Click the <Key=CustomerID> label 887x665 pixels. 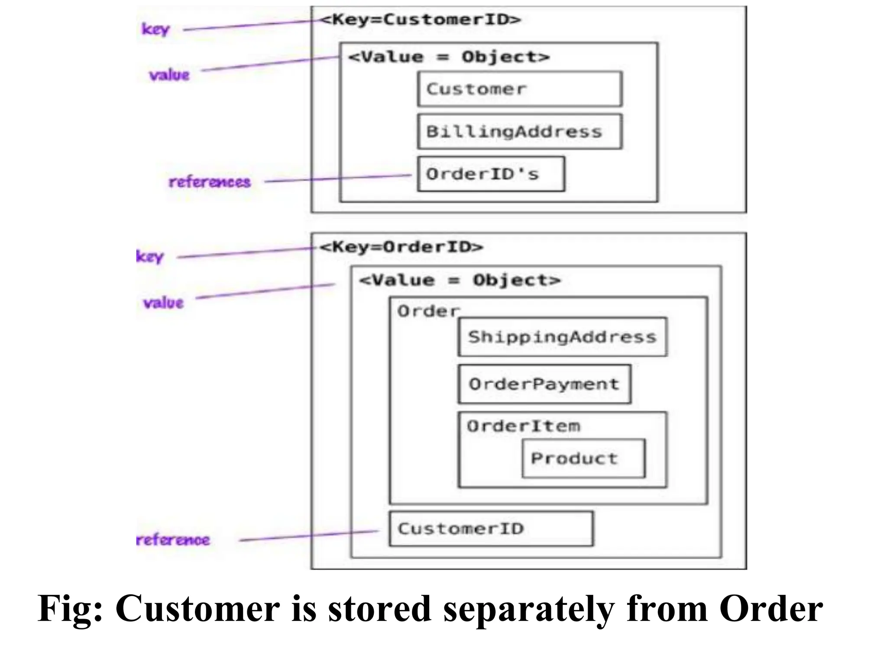click(420, 19)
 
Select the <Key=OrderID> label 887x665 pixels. click(401, 247)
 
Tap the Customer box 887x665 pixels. click(520, 89)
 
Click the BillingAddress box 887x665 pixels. click(520, 131)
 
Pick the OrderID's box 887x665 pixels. click(491, 174)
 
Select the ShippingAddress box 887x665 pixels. click(562, 337)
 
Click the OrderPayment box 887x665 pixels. click(544, 384)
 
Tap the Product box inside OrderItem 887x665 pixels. click(583, 458)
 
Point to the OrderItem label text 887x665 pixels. click(523, 426)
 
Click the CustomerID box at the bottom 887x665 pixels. click(491, 528)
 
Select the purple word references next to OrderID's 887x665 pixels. click(210, 182)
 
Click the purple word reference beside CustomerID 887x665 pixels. click(173, 540)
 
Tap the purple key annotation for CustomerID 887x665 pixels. click(155, 29)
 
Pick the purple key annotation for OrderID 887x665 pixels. click(149, 256)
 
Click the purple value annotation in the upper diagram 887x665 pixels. click(169, 75)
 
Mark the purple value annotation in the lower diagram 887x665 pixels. click(163, 302)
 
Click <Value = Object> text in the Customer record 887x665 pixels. click(449, 57)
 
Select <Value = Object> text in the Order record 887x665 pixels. click(460, 280)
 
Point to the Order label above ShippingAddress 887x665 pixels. click(428, 311)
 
